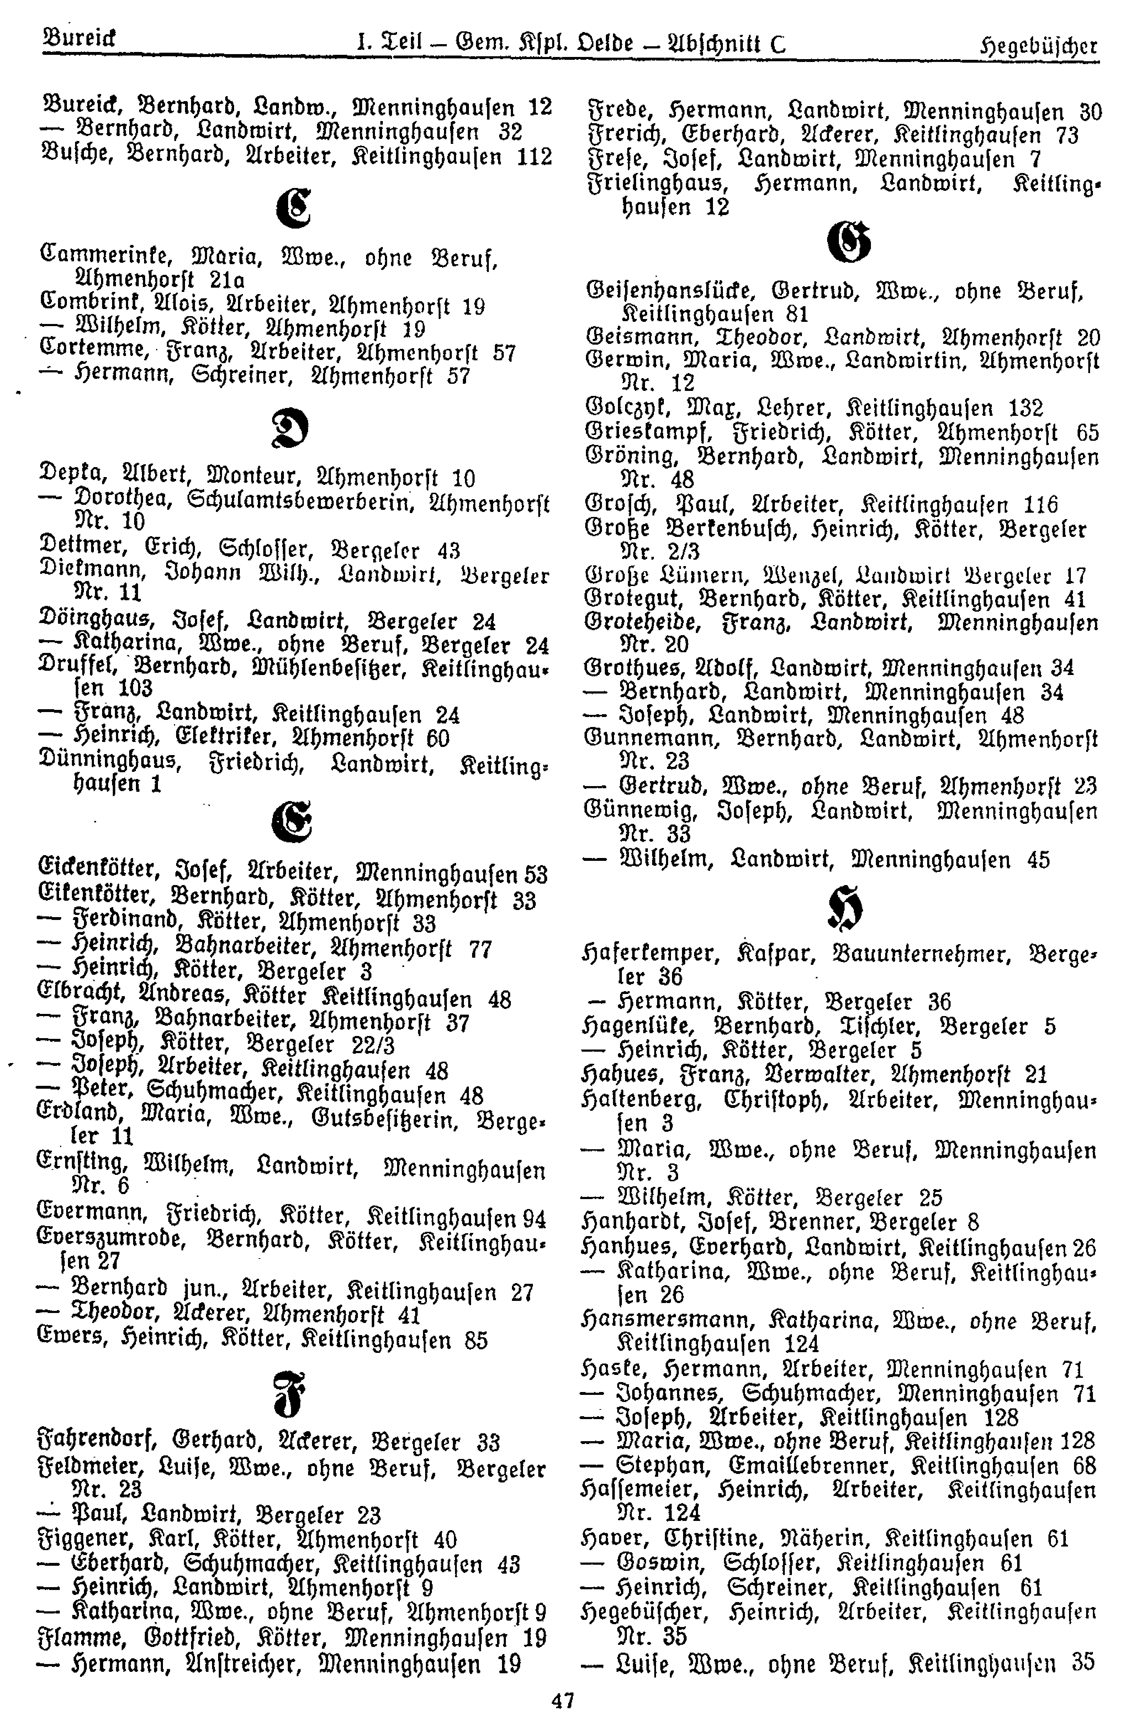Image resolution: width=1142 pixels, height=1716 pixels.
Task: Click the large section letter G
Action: pyautogui.click(x=849, y=244)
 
